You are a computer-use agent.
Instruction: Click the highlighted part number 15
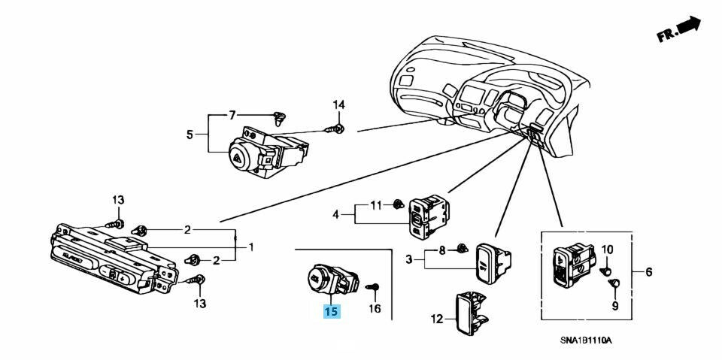point(332,310)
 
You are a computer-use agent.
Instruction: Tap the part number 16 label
point(375,308)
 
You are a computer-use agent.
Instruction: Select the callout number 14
point(338,104)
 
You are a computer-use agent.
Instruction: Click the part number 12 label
point(437,319)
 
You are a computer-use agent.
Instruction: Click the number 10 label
point(608,250)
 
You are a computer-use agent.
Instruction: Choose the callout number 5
point(190,135)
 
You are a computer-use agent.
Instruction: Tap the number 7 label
point(232,115)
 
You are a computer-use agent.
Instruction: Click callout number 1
point(251,247)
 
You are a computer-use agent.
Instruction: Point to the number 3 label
point(409,259)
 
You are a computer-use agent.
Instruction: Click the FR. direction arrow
point(680,30)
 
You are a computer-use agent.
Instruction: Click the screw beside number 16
point(374,286)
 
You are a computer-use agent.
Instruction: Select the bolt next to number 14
point(335,129)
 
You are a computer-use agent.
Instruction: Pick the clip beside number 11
point(398,203)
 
